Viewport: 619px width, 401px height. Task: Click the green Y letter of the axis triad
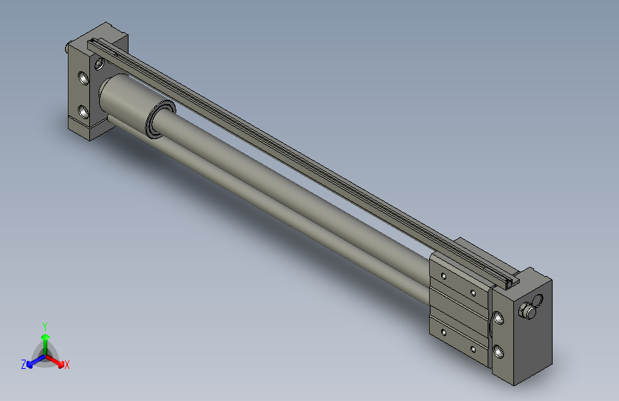point(44,325)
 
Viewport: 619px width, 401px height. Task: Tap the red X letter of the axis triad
point(67,365)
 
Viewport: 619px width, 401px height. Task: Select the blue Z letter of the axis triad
point(24,364)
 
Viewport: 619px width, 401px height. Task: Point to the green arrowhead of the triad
point(45,336)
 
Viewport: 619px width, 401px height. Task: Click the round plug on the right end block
point(528,310)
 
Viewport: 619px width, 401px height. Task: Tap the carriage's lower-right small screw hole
point(473,349)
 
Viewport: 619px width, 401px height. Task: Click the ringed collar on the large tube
point(158,119)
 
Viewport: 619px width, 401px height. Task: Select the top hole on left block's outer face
point(84,78)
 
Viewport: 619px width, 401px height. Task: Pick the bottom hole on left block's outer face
point(84,111)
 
